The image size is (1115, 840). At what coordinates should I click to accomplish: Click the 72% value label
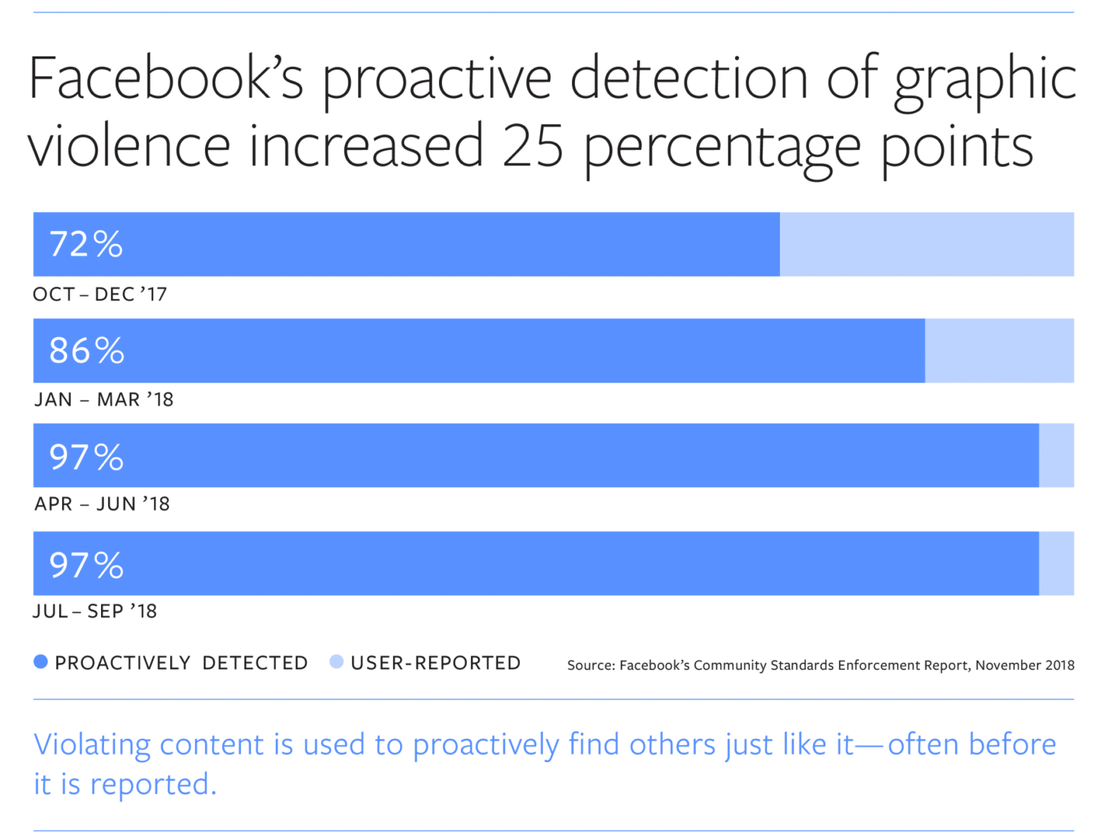tap(86, 244)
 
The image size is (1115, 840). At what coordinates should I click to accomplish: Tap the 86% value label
tap(86, 350)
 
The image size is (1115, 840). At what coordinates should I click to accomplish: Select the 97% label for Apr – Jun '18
tap(86, 457)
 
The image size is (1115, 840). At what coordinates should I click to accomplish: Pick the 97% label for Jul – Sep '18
tap(86, 564)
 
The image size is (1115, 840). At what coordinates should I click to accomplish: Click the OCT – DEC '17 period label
tap(100, 294)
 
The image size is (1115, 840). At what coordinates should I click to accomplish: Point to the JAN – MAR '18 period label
tap(104, 399)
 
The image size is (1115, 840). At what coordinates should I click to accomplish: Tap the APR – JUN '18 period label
tap(102, 503)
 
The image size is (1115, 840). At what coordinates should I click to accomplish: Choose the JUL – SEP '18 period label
tap(95, 611)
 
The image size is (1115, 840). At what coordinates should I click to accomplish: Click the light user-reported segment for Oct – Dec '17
tap(926, 244)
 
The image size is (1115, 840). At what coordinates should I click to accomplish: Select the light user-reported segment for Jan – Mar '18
tap(999, 350)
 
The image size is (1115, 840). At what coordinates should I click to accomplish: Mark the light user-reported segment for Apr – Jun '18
tap(1056, 455)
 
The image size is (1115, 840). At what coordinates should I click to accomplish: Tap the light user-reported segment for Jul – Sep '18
tap(1056, 563)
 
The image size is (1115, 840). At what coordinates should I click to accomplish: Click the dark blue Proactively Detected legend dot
tap(41, 662)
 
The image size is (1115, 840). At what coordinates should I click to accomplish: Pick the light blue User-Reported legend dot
tap(337, 662)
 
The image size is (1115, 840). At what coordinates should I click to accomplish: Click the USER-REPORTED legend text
tap(436, 663)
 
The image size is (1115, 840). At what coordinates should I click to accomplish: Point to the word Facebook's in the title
tap(166, 78)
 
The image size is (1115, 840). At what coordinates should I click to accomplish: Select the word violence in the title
tap(129, 146)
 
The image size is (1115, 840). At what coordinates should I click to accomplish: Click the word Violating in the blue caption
tap(92, 744)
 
